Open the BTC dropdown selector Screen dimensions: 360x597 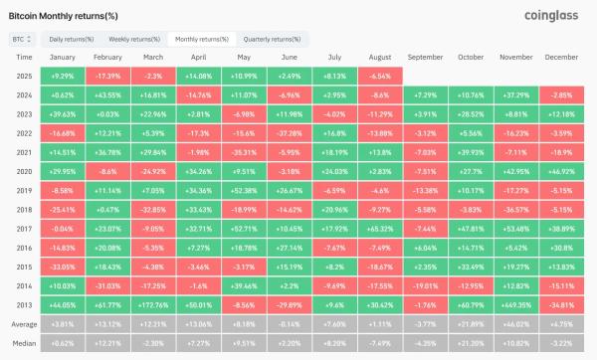[21, 40]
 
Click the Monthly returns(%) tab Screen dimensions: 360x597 [202, 40]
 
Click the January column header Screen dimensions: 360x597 [61, 59]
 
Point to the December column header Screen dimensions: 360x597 [561, 59]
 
